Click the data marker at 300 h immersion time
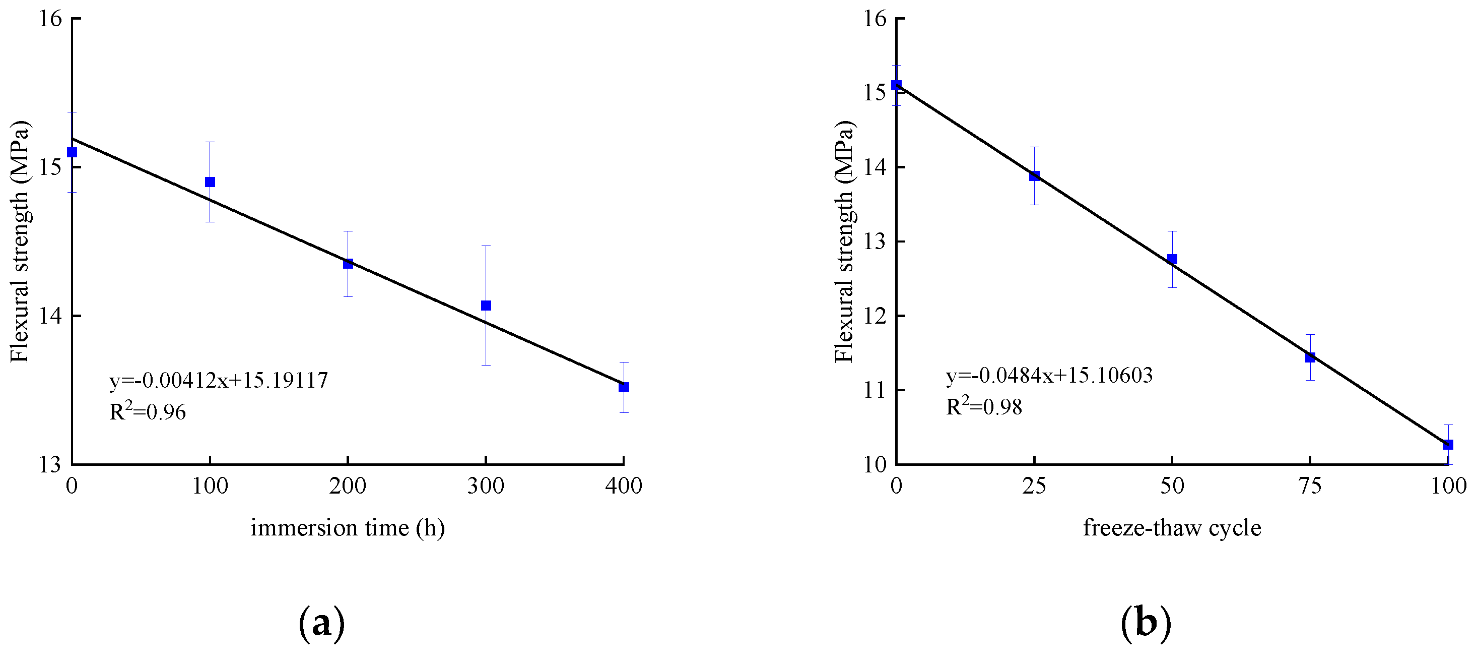pos(486,305)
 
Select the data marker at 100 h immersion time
pos(210,182)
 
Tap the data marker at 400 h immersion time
pos(624,387)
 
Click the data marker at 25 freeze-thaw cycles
pos(1034,176)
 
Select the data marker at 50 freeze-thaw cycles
pos(1172,259)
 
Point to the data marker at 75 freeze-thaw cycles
pos(1310,357)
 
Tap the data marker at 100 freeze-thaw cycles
pos(1448,445)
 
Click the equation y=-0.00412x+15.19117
pos(219,381)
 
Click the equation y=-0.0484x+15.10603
pos(1049,375)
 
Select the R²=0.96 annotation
pos(148,411)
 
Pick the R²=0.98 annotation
pos(984,406)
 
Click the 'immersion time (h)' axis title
pos(348,527)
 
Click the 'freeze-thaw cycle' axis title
pos(1172,527)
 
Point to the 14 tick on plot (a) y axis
pos(50,316)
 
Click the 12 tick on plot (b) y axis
pos(875,316)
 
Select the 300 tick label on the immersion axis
pos(486,487)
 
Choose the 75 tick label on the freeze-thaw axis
pos(1310,487)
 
